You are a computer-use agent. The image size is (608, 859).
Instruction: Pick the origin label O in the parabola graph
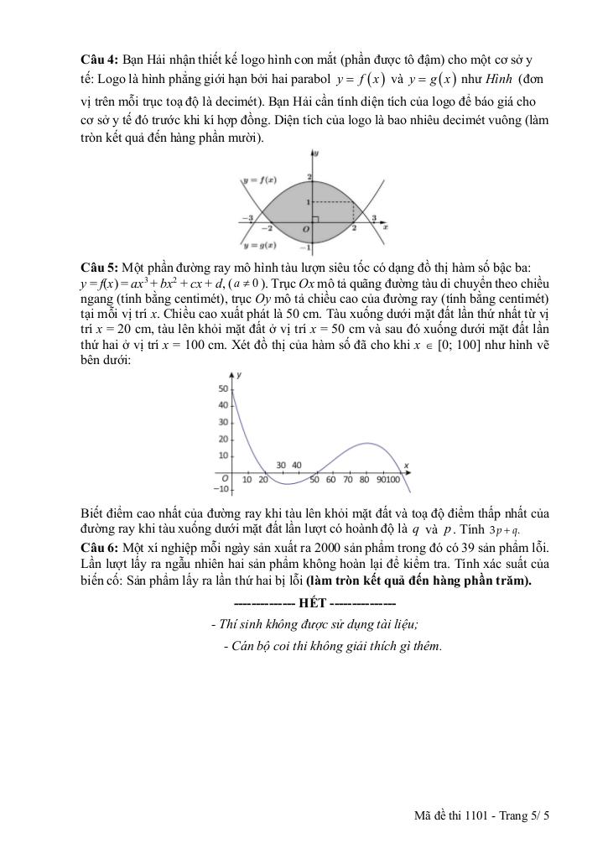[x=305, y=229]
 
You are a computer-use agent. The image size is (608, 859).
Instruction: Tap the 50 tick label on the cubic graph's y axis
[x=222, y=388]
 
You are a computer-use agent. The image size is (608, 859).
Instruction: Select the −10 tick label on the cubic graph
[x=221, y=488]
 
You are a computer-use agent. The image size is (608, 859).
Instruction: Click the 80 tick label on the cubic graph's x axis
[x=365, y=480]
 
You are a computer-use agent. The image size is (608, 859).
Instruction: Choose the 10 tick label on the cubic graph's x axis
[x=247, y=480]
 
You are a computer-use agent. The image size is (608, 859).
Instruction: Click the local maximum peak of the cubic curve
[x=367, y=443]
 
